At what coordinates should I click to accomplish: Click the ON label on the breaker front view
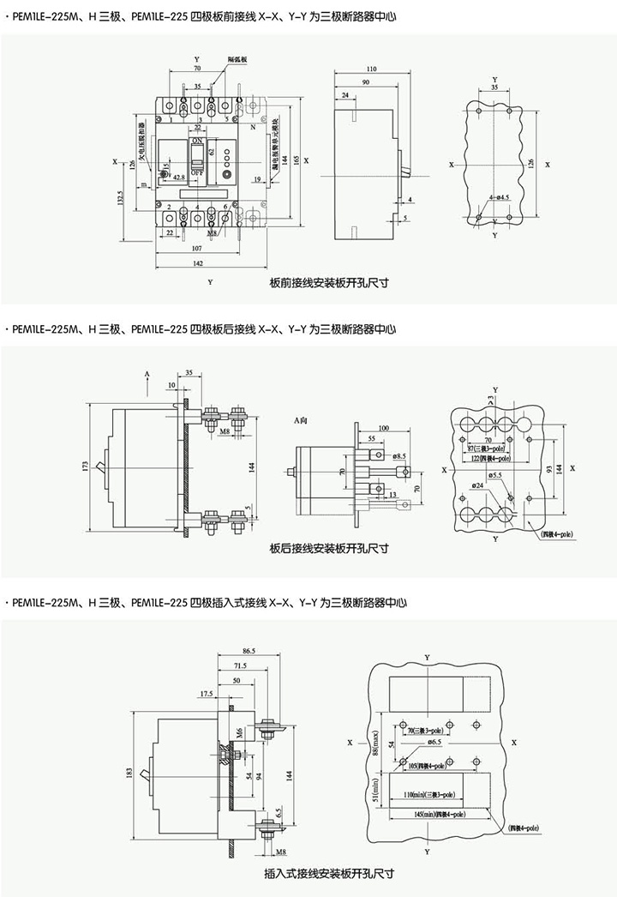(197, 140)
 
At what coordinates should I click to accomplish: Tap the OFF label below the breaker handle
(197, 172)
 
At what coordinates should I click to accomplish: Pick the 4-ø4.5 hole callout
(500, 198)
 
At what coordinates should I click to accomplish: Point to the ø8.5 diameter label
(400, 456)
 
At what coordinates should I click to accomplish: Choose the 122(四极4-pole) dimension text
(488, 460)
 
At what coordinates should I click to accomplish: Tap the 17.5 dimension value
(207, 693)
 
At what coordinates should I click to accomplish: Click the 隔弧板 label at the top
(237, 58)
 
